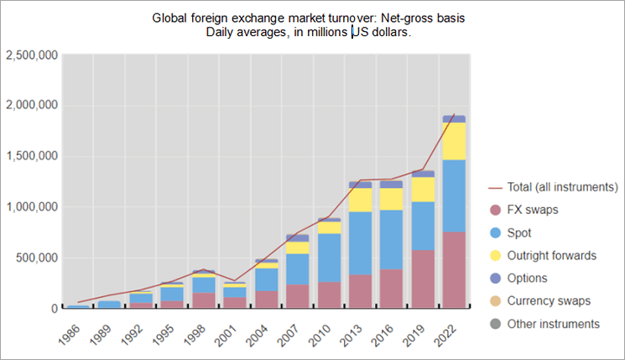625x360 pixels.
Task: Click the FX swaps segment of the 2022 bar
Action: (x=454, y=269)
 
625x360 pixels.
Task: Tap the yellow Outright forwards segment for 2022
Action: (x=454, y=141)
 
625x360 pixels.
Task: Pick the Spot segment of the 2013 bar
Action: (x=360, y=243)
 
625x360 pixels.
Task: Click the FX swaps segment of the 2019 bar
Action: (x=423, y=279)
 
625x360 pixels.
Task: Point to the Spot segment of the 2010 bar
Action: (x=329, y=258)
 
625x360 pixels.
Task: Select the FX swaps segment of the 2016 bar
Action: (x=392, y=288)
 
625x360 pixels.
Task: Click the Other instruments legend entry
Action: (x=558, y=323)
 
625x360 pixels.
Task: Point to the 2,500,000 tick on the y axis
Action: (x=31, y=55)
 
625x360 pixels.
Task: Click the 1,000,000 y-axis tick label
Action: (x=31, y=206)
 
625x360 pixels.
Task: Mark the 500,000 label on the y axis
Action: (x=37, y=258)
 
